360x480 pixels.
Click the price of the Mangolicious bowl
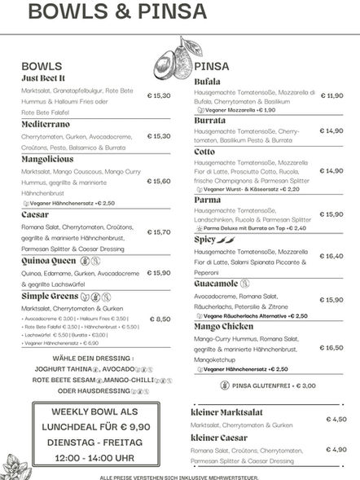coord(159,182)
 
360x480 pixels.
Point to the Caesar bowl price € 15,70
coord(159,232)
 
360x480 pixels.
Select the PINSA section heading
coord(213,66)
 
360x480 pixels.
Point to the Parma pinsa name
coord(208,200)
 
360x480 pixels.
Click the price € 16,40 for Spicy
coord(331,256)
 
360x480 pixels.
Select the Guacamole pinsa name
coord(216,284)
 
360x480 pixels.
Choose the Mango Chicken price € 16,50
coord(331,347)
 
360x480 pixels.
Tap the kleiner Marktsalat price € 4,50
coord(336,419)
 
